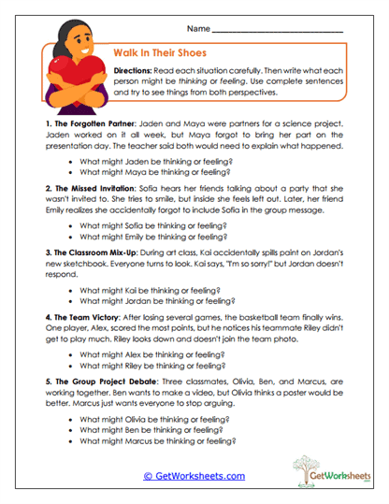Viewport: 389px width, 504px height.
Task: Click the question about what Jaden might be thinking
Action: pos(151,161)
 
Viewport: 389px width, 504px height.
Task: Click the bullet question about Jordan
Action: pos(153,301)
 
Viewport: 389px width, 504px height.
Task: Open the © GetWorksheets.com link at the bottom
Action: pos(194,475)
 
